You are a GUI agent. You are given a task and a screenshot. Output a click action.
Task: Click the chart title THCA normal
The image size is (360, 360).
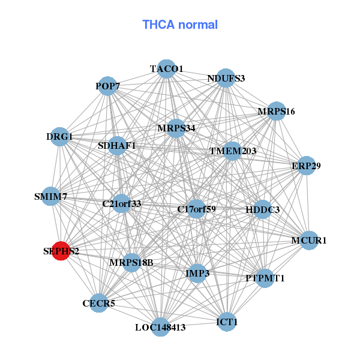click(x=180, y=25)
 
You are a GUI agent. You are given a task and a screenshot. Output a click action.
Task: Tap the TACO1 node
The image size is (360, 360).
click(x=166, y=68)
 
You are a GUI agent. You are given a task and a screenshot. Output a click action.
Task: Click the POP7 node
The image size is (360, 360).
click(x=107, y=86)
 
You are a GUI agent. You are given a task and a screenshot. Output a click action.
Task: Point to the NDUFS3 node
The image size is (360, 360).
click(x=226, y=78)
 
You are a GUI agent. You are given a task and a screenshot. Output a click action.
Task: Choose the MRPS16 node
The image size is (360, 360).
click(x=276, y=111)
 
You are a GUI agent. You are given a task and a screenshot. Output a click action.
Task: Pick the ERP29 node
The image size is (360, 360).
click(x=306, y=166)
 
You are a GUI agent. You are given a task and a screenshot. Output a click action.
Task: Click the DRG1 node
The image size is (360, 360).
click(x=59, y=136)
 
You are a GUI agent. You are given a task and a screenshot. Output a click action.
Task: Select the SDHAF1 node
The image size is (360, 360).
click(x=117, y=146)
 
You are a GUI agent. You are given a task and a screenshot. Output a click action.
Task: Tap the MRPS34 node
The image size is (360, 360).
click(x=176, y=128)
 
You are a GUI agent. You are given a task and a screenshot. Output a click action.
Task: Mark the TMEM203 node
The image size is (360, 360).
click(x=232, y=151)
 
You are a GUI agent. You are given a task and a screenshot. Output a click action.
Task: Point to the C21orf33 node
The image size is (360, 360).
click(x=121, y=203)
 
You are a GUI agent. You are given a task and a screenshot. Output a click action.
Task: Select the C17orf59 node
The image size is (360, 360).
click(x=196, y=209)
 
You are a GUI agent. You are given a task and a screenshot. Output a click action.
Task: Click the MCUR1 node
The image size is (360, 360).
click(x=309, y=241)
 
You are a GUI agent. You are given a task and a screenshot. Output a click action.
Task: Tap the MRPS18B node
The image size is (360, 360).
click(x=131, y=262)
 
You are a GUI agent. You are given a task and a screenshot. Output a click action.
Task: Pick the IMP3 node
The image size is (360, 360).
click(x=197, y=274)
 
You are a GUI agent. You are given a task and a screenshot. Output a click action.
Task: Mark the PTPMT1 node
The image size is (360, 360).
click(x=265, y=278)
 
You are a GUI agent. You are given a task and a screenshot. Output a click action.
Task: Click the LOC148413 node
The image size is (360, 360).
click(x=160, y=327)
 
